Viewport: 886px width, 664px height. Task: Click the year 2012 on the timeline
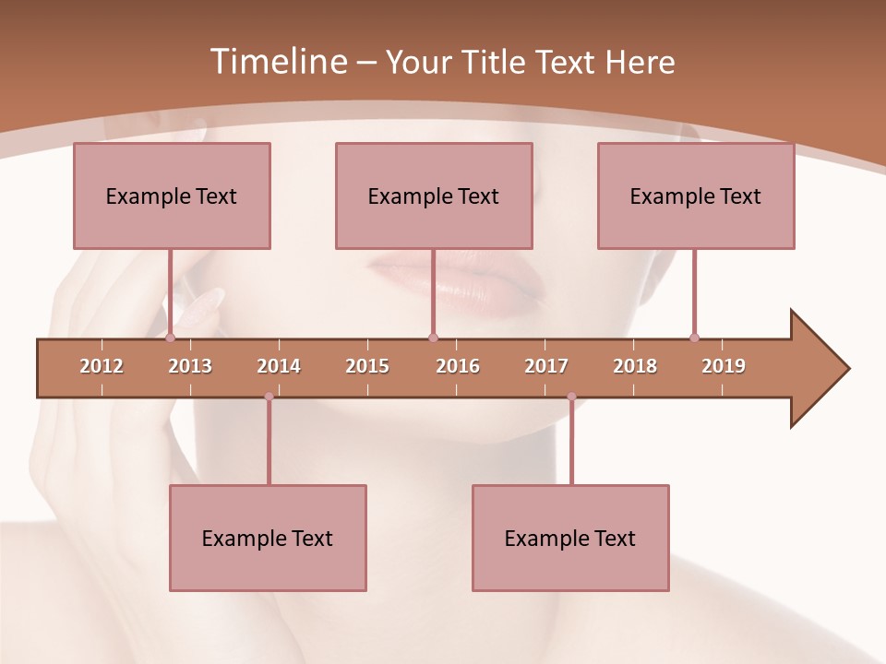[x=102, y=366]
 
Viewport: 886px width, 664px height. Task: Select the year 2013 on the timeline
[x=190, y=366]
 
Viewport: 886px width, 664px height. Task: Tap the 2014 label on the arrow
[x=279, y=366]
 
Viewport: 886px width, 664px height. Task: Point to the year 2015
[x=367, y=366]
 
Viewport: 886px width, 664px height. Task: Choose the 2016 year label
[x=458, y=366]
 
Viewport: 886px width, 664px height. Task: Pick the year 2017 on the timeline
[x=546, y=366]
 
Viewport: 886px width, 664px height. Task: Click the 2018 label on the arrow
[x=635, y=366]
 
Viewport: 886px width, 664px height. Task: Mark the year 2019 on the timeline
[x=724, y=366]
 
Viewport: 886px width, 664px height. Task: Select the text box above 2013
[x=172, y=196]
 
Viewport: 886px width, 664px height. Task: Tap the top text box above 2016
[x=434, y=196]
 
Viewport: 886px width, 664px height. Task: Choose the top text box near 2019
[x=696, y=196]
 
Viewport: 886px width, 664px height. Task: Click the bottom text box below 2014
[x=268, y=538]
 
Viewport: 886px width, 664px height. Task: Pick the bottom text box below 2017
[x=570, y=538]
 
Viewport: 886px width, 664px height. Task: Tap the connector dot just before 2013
[x=170, y=338]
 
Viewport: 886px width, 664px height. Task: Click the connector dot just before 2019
[x=694, y=338]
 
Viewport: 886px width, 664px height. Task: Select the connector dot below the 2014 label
[x=269, y=397]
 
